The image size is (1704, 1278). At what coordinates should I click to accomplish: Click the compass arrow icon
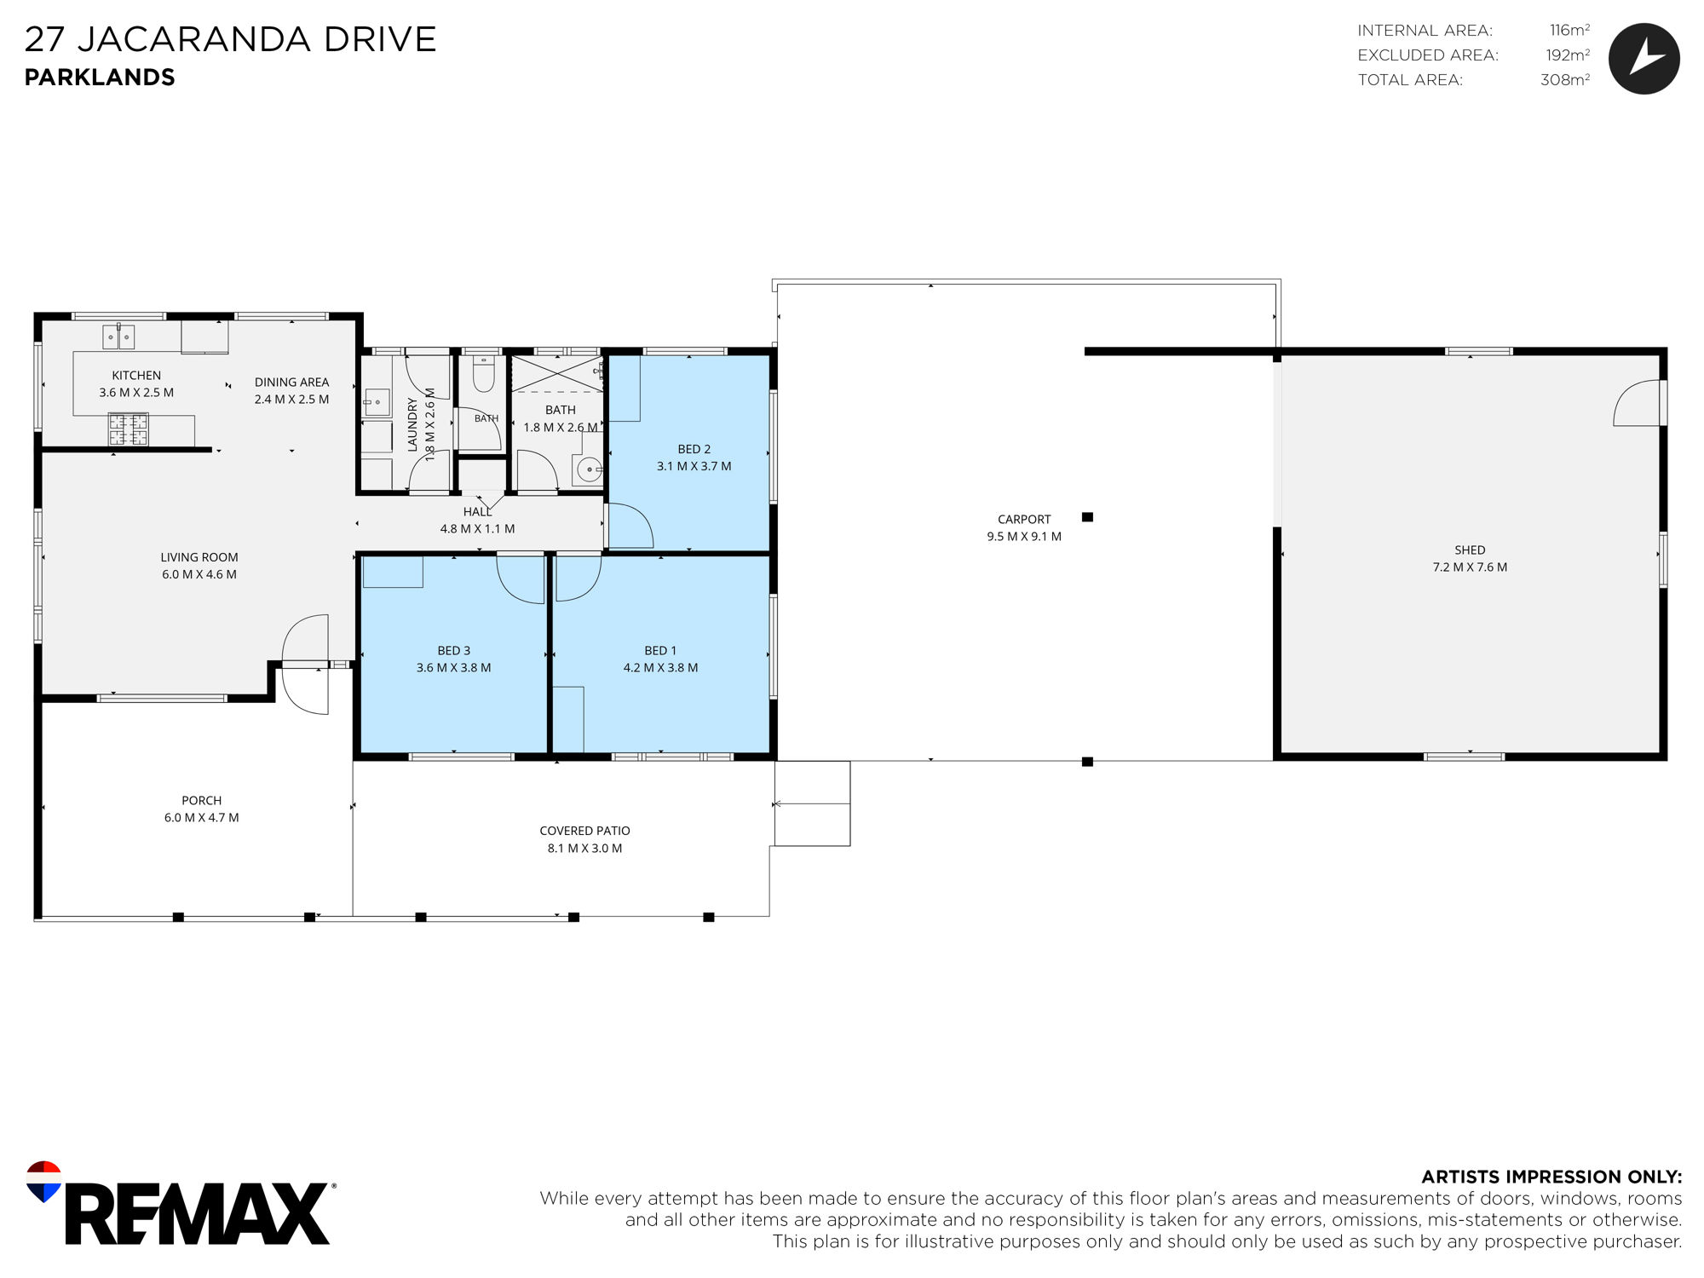1644,58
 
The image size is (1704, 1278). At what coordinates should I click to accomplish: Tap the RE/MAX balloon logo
43,1181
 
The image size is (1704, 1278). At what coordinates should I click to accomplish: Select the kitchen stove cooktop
129,429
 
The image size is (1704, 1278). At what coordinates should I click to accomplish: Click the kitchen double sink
118,337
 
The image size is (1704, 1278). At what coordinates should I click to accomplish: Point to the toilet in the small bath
483,372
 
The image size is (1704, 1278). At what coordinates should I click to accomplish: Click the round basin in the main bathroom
589,469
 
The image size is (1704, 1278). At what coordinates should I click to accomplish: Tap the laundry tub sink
376,402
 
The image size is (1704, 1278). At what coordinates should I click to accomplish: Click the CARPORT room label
1024,519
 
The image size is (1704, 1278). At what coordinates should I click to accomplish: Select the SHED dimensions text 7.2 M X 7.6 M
1470,567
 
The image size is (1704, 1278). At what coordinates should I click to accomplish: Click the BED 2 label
694,449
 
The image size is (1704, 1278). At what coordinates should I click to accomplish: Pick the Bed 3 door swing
521,579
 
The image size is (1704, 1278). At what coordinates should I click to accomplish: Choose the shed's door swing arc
1637,403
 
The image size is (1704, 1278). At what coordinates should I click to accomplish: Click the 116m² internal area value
1569,31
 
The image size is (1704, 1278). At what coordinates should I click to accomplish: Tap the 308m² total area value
1565,80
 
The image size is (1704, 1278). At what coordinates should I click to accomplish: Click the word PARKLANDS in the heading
100,78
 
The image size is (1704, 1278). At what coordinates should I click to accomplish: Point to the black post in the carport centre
1087,517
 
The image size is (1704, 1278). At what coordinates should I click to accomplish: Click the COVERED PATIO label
584,831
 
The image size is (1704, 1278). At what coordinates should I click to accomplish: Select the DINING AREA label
291,383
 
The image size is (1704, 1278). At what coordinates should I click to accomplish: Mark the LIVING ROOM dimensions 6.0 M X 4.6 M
199,575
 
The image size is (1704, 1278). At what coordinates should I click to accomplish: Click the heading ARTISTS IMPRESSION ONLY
1551,1177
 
